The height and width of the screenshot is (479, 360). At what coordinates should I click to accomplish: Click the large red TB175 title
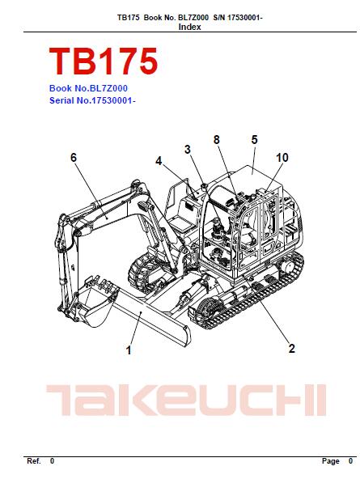click(104, 61)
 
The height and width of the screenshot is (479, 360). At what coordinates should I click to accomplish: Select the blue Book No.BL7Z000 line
click(88, 88)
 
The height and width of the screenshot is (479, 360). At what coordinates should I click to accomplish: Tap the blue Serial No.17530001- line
click(92, 100)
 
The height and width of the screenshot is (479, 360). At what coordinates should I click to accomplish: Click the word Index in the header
click(189, 27)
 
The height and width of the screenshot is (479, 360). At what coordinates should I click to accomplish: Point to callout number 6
click(74, 158)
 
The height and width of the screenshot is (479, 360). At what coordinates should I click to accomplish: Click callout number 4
click(159, 161)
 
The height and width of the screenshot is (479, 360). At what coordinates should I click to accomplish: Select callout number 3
click(188, 150)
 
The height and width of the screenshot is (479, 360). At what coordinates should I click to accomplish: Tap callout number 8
click(217, 140)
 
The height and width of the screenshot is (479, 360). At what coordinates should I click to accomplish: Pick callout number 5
click(254, 140)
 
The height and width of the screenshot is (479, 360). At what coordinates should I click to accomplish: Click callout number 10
click(282, 158)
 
